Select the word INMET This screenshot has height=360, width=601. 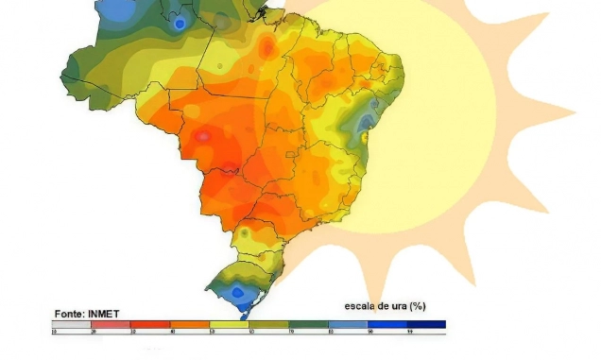103,314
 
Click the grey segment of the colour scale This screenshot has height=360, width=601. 70,324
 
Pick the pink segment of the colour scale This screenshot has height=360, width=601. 110,324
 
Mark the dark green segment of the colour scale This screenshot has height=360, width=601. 307,324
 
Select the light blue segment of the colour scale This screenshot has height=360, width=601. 347,324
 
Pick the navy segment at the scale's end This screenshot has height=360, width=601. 425,324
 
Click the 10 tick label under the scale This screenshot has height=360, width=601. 53,333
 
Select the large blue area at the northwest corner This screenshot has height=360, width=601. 118,9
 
